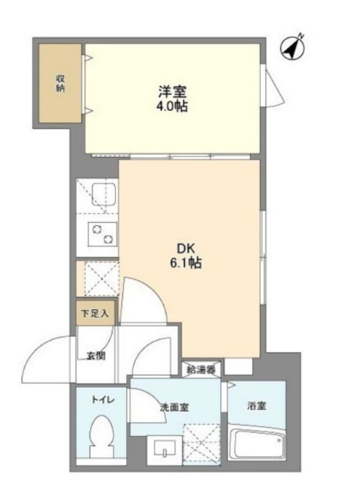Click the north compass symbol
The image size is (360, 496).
[x=293, y=48]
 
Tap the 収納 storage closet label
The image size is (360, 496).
[x=61, y=83]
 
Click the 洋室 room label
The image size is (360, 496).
[x=173, y=92]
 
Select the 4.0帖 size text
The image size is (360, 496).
[x=172, y=107]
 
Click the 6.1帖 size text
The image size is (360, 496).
[x=186, y=264]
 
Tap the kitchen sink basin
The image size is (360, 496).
[x=104, y=194]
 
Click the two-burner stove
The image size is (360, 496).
[x=102, y=235]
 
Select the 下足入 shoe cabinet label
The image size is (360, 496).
[x=95, y=313]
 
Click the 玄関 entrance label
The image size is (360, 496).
[x=96, y=356]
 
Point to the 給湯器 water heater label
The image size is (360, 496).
[x=201, y=369]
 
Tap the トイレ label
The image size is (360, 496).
[x=103, y=401]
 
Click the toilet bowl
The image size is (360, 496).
[x=101, y=437]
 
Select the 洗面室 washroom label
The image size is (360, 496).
[x=174, y=407]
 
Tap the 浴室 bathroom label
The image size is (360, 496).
[x=256, y=406]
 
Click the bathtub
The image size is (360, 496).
[x=256, y=445]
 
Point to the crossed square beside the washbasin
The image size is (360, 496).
[x=201, y=444]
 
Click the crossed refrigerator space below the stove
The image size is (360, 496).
[x=102, y=279]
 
